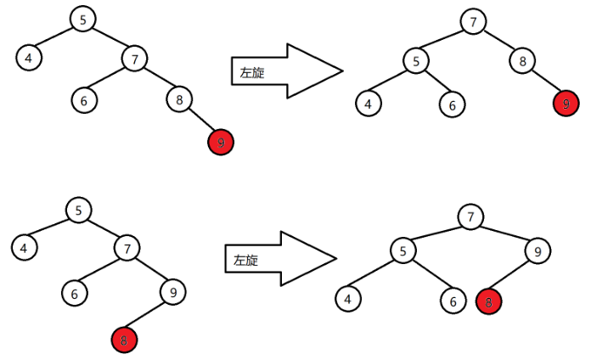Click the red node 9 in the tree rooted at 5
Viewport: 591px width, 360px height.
click(221, 143)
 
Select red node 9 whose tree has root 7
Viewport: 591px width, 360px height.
click(565, 104)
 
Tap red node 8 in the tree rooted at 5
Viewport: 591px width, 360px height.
click(124, 340)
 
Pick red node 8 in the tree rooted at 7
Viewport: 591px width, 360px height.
click(488, 301)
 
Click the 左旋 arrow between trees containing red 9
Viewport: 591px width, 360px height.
click(285, 72)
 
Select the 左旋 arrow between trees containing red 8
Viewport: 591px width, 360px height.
click(280, 258)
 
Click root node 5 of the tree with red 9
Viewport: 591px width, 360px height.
click(82, 20)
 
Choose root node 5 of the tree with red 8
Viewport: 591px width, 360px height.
click(79, 209)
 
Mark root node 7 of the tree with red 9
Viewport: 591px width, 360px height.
click(473, 21)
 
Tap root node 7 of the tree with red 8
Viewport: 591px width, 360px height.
click(469, 217)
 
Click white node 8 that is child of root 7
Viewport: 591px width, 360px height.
click(523, 60)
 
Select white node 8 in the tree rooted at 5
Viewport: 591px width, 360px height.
click(178, 99)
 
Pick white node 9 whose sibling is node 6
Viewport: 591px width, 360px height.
click(172, 293)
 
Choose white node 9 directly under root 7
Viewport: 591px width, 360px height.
click(538, 250)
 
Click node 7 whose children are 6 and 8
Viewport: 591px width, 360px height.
click(134, 59)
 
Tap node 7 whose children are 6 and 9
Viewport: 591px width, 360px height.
click(127, 249)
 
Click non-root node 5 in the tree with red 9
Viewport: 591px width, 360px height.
click(416, 60)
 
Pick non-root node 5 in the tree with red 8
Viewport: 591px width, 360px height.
click(403, 250)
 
